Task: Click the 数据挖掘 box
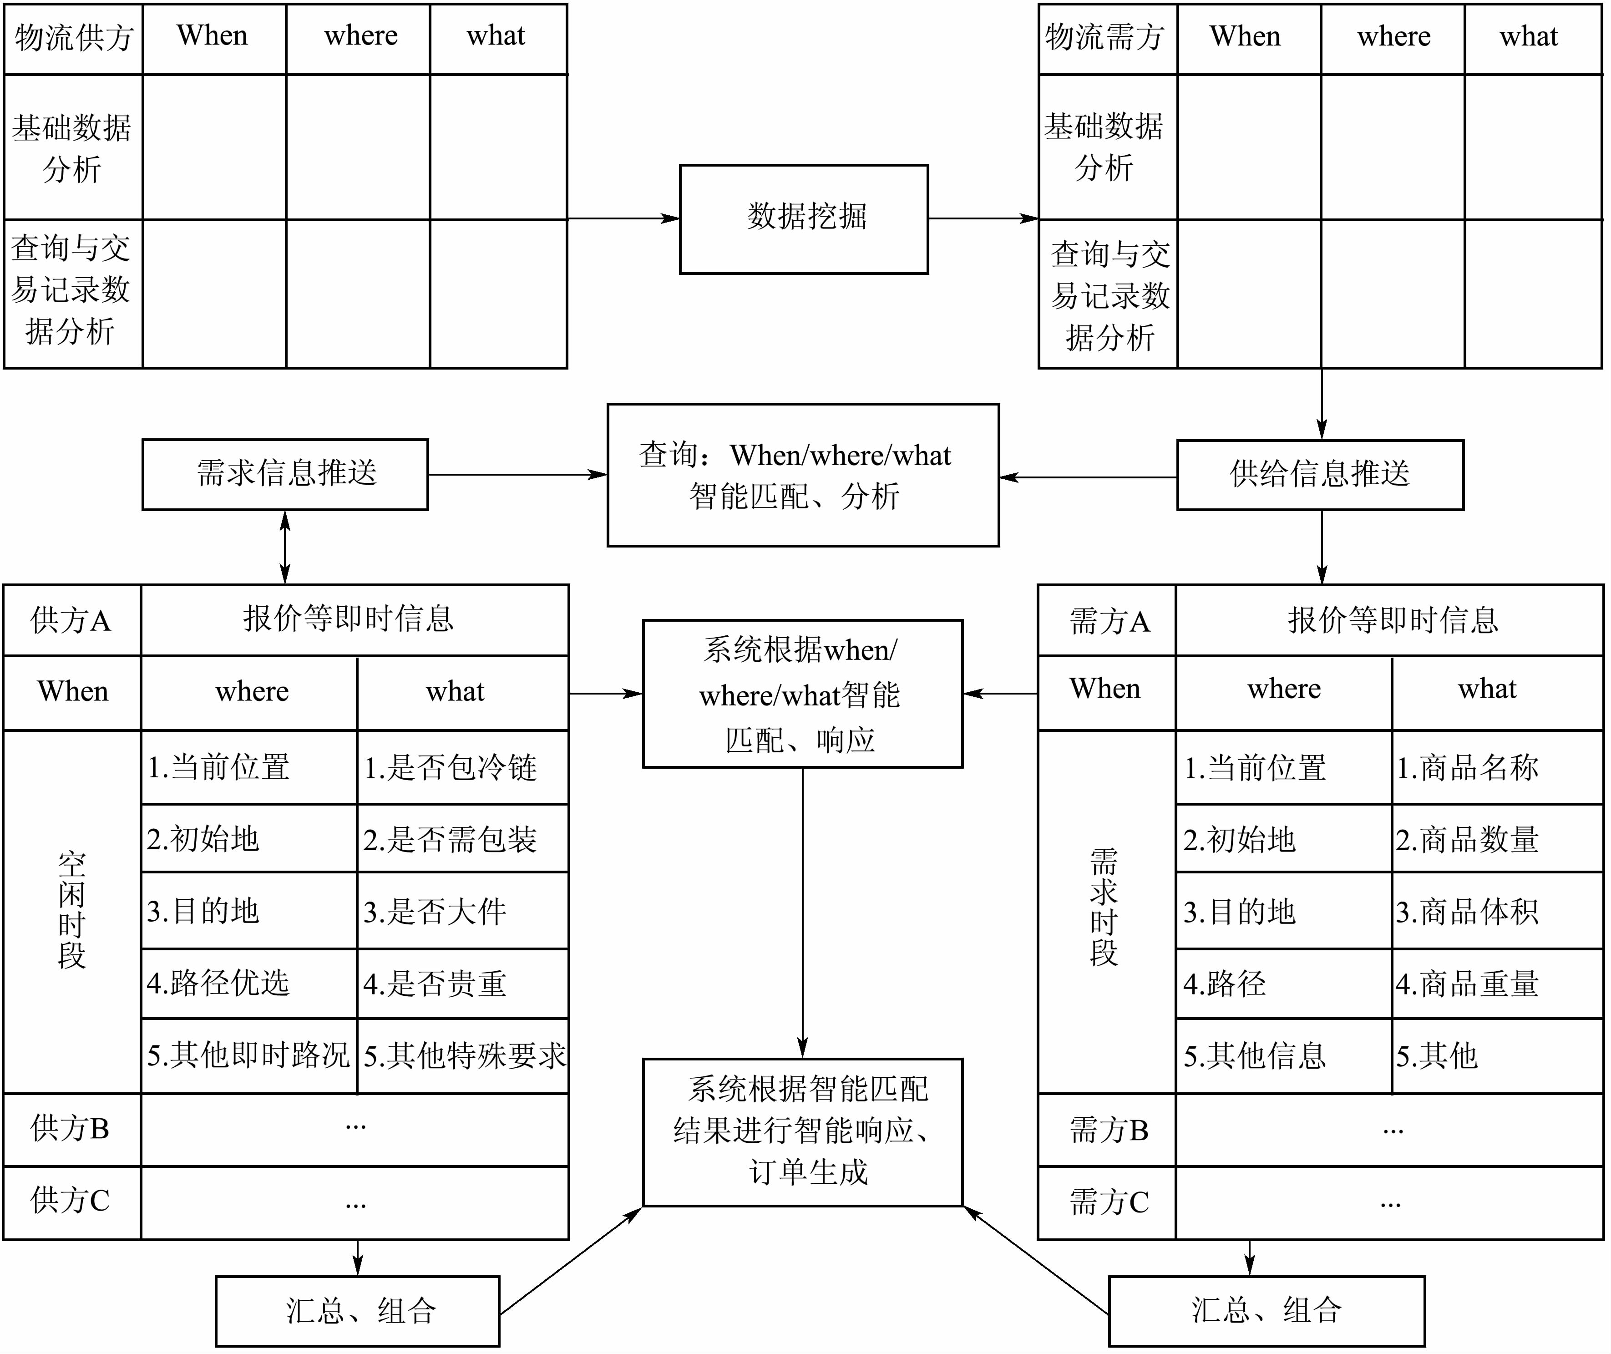[x=804, y=219]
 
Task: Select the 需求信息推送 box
[x=285, y=474]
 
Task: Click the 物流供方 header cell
[x=74, y=38]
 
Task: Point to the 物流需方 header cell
[x=1107, y=38]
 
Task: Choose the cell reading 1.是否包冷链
[x=462, y=767]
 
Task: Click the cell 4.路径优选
[x=248, y=983]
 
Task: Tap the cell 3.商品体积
[x=1497, y=911]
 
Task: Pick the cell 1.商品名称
[x=1497, y=767]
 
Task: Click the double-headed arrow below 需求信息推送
[x=285, y=547]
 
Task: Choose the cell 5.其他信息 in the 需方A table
[x=1283, y=1055]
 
